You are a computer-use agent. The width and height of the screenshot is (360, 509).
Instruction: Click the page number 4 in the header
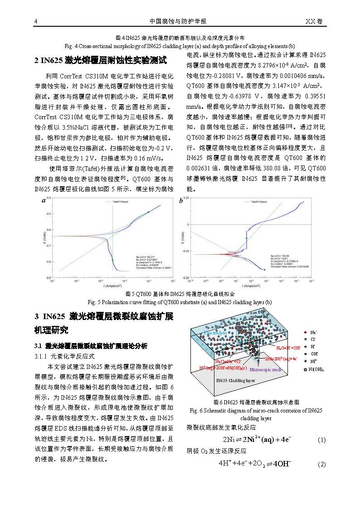36,22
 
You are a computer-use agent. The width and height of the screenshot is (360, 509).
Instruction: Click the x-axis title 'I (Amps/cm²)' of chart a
112,286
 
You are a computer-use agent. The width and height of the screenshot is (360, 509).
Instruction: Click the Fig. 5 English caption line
180,302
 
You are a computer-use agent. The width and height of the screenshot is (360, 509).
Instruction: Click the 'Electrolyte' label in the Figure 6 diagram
215,333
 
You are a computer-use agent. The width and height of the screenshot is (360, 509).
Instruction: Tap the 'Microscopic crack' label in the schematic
266,369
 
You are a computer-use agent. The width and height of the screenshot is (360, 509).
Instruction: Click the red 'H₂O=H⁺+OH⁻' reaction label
288,348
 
